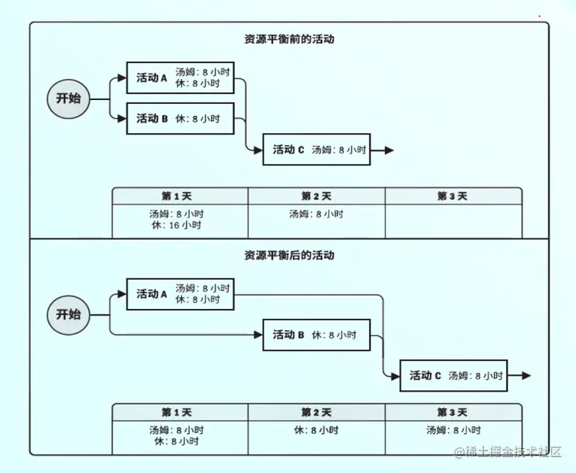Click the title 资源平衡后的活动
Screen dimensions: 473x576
pyautogui.click(x=288, y=256)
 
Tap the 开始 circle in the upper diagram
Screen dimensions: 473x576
pyautogui.click(x=69, y=99)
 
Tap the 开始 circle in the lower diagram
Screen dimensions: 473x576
pyautogui.click(x=69, y=314)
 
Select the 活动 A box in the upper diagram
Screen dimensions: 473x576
pyautogui.click(x=180, y=77)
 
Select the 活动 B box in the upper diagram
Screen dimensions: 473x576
pyautogui.click(x=180, y=119)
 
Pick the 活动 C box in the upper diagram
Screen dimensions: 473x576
pyautogui.click(x=317, y=150)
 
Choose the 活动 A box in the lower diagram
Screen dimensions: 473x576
pyautogui.click(x=180, y=294)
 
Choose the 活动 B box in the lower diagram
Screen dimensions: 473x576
pyautogui.click(x=317, y=335)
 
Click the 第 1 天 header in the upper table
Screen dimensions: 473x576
pyautogui.click(x=179, y=196)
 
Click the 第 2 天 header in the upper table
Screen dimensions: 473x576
pyautogui.click(x=316, y=196)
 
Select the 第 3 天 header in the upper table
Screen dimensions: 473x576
pyautogui.click(x=453, y=196)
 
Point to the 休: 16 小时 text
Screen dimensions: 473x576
pyautogui.click(x=176, y=225)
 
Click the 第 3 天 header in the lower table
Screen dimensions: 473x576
pyautogui.click(x=453, y=412)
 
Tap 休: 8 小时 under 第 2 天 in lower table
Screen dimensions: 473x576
pyautogui.click(x=316, y=430)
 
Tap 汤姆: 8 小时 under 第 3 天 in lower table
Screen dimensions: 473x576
pyautogui.click(x=453, y=430)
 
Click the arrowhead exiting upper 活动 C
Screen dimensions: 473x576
pyautogui.click(x=389, y=150)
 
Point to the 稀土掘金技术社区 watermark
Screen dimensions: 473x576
pyautogui.click(x=508, y=452)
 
